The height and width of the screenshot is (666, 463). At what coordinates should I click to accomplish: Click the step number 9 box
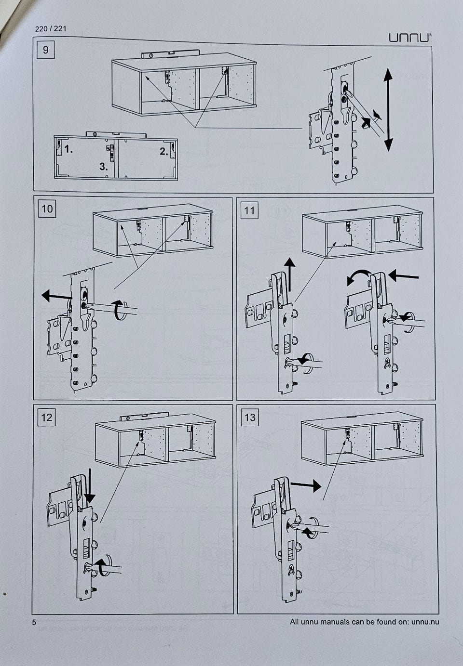click(46, 50)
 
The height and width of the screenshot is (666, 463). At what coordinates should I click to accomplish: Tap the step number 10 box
click(47, 209)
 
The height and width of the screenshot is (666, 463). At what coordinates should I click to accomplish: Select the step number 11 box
click(249, 210)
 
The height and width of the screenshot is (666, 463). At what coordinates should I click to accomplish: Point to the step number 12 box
click(47, 417)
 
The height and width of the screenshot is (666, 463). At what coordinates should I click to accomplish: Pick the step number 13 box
click(249, 417)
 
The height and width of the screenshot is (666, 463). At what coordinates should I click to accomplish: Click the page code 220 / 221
click(51, 28)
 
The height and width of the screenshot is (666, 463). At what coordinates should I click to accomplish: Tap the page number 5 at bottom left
click(34, 622)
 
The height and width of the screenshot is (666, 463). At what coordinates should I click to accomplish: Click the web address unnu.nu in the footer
click(425, 622)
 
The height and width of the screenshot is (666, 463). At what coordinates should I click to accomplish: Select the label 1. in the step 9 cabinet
click(69, 149)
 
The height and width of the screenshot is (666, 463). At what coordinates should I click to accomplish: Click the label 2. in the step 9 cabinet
click(164, 151)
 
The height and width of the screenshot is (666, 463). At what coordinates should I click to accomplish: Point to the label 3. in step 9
click(104, 167)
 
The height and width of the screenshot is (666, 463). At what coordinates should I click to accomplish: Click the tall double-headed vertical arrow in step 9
click(388, 110)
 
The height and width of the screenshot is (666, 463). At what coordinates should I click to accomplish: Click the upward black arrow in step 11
click(289, 273)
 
